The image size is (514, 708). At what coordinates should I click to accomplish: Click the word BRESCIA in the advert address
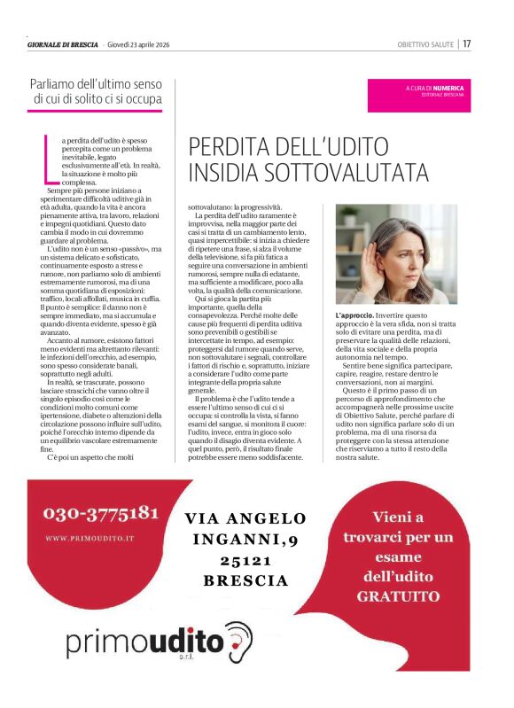coord(245,581)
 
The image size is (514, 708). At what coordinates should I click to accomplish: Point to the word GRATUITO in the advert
coord(399,596)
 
